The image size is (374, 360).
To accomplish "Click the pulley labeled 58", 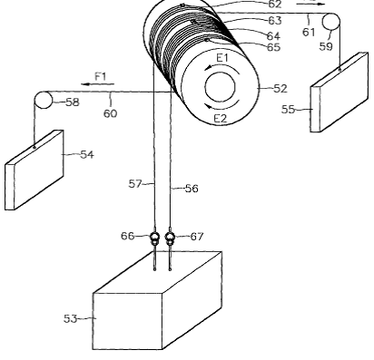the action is [x=43, y=100].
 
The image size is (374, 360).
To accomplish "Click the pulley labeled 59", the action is [x=330, y=22].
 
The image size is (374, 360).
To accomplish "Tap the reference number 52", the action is [x=280, y=88].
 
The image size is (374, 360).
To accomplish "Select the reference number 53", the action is [x=71, y=318].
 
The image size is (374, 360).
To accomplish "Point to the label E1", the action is [x=222, y=57].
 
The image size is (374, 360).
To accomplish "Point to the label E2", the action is [x=221, y=118].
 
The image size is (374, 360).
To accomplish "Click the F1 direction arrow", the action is [x=98, y=84].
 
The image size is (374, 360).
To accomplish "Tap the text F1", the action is [x=101, y=76].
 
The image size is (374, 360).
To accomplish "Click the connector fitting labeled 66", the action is [x=154, y=238].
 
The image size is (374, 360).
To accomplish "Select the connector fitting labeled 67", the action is [x=170, y=238].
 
